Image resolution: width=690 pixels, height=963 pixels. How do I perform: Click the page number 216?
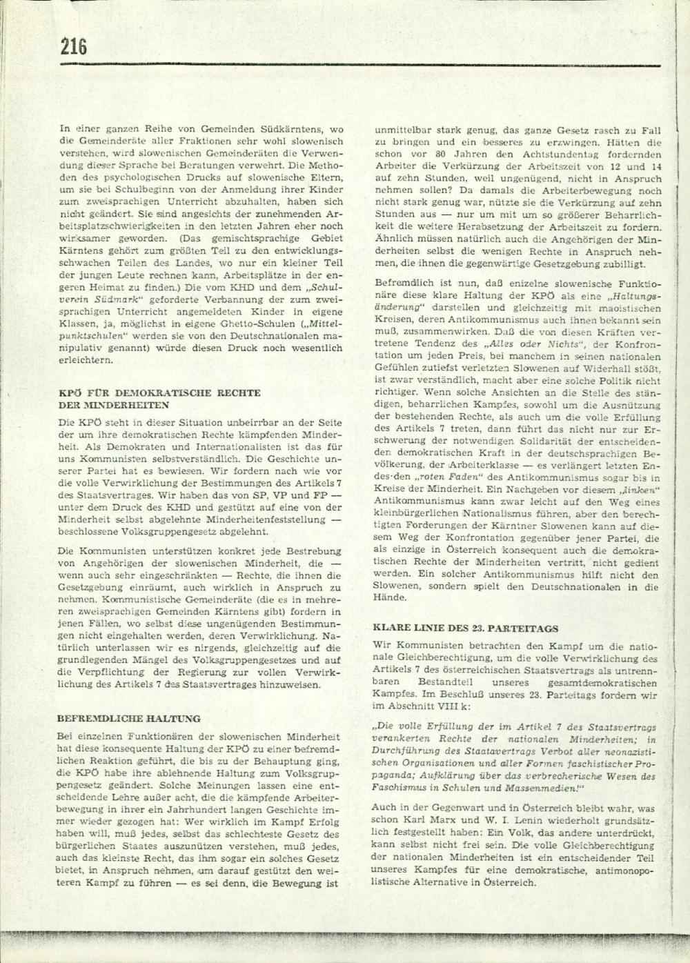pyautogui.click(x=73, y=47)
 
